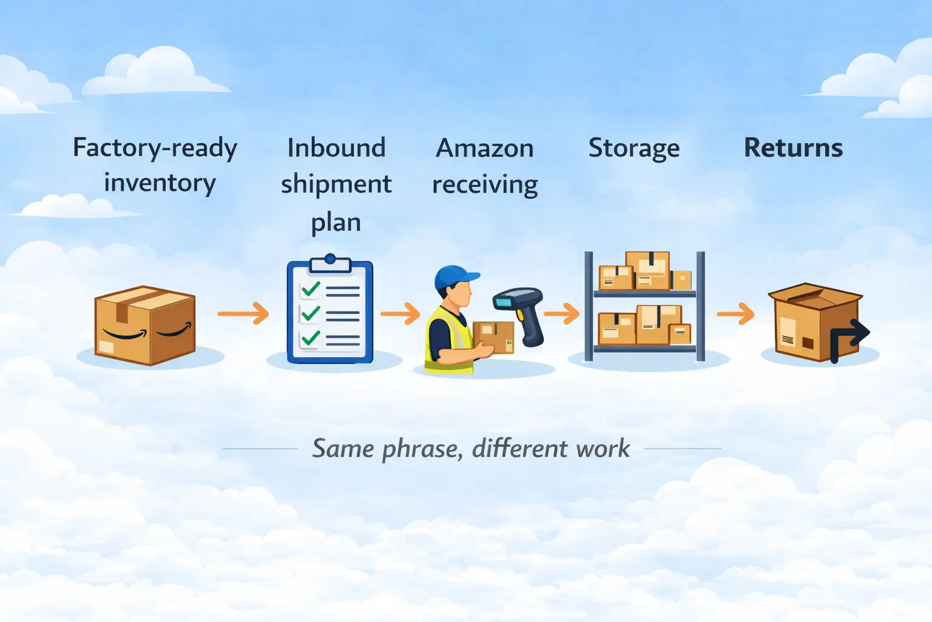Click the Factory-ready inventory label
155,165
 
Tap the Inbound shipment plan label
336,184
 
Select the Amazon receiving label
485,166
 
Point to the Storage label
634,148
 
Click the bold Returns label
793,148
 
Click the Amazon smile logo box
145,326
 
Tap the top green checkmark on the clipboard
311,289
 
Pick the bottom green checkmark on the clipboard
311,337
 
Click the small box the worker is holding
493,337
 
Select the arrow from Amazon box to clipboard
243,313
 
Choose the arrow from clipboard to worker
400,313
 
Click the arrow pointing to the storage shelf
562,313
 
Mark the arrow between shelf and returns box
735,314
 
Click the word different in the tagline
520,449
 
